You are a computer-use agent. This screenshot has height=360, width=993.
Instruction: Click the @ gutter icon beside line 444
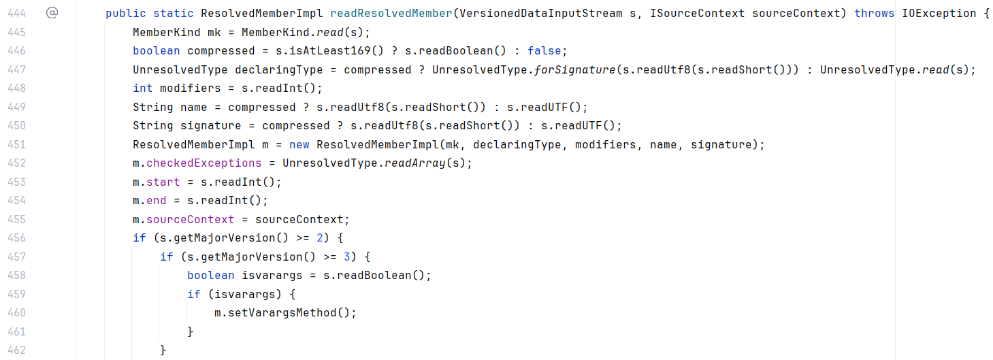pos(52,13)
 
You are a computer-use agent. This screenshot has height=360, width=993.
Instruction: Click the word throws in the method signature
pos(874,14)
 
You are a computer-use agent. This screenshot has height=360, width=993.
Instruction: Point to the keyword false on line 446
pos(544,51)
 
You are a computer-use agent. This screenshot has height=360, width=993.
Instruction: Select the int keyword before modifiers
pos(143,88)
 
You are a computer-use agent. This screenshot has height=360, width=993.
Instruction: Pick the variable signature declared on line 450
pos(210,126)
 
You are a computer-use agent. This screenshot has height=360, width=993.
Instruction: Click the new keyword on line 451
pos(299,144)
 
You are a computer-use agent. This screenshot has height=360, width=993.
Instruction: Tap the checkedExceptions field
pos(204,163)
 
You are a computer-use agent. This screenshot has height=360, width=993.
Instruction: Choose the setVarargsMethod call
pos(282,313)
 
